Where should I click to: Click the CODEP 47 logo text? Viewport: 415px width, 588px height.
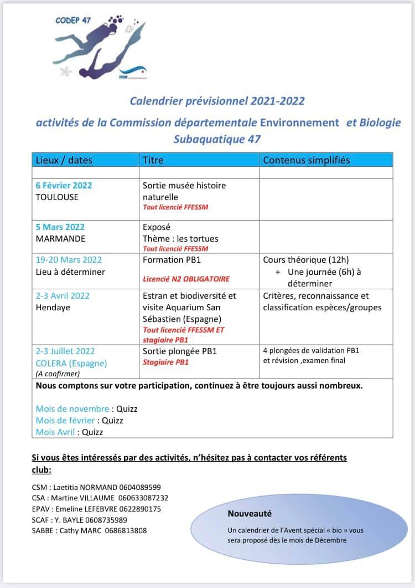(74, 20)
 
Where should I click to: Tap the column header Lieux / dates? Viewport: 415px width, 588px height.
(64, 160)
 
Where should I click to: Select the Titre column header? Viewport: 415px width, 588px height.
(153, 160)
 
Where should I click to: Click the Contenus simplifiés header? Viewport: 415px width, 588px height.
(306, 160)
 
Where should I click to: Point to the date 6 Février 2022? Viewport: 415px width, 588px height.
(64, 186)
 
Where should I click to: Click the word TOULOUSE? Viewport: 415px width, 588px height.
(57, 197)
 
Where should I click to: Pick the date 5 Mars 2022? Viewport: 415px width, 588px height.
(60, 227)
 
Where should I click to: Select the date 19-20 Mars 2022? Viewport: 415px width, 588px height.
(69, 259)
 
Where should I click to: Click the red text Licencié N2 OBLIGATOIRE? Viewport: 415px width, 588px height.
(186, 279)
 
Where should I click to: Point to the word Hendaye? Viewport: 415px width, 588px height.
(53, 307)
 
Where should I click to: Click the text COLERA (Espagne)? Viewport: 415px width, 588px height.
(71, 364)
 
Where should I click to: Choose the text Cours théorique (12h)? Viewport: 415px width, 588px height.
(306, 259)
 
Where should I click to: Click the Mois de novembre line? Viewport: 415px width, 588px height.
(86, 409)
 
